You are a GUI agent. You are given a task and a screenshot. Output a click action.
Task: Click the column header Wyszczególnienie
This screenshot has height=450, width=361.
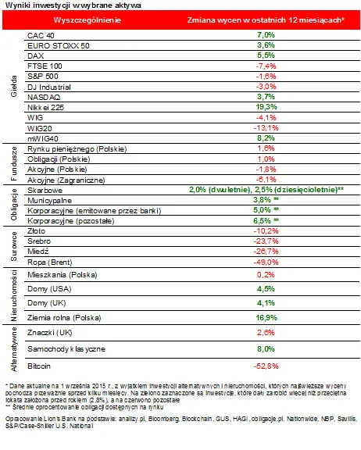(87, 20)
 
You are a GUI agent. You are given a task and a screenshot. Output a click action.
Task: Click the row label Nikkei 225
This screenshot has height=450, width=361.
(45, 108)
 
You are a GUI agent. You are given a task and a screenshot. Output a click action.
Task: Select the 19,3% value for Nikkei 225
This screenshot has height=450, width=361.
(266, 107)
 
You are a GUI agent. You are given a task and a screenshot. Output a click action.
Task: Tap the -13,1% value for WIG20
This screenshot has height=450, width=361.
(266, 127)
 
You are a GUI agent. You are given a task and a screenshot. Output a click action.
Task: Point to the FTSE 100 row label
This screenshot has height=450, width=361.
(45, 66)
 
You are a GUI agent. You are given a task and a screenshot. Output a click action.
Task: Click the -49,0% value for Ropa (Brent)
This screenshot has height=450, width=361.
(266, 262)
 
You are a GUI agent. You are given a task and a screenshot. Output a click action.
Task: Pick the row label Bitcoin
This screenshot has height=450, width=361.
(39, 366)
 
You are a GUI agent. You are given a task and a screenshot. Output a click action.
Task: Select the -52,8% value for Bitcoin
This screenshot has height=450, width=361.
(266, 366)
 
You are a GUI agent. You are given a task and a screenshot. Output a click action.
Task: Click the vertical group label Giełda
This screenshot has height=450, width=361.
(13, 86)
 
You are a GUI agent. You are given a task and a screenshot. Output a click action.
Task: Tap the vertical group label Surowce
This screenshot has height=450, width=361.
(13, 247)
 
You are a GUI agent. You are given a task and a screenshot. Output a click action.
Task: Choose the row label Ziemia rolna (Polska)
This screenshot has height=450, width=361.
(64, 318)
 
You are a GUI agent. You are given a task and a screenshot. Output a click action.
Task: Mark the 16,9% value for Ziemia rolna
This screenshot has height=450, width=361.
(266, 318)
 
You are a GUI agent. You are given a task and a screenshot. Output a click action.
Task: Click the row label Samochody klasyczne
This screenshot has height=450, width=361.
(66, 349)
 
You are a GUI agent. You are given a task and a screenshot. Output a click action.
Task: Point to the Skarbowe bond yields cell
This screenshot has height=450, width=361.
(266, 190)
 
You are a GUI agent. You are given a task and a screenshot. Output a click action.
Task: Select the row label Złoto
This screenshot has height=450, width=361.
(36, 231)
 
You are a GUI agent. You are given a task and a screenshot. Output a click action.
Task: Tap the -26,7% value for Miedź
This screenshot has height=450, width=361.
(266, 252)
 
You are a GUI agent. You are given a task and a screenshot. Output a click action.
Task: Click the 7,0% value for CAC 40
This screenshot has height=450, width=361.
(266, 35)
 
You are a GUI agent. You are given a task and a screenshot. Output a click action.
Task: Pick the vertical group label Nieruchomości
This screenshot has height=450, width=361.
(13, 296)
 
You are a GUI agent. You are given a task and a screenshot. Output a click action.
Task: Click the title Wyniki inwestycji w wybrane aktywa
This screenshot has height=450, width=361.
(73, 5)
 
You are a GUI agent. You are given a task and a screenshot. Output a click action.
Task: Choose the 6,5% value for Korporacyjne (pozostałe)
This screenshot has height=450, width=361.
(266, 220)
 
